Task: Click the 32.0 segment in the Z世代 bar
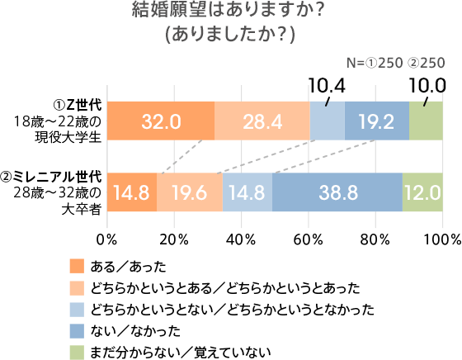tap(161, 121)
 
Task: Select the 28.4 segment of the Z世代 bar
tap(262, 121)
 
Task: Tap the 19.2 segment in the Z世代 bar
tap(377, 121)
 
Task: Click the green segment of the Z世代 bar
tap(426, 121)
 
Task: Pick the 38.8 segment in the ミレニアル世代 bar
tap(337, 193)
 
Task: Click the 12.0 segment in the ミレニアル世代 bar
tap(422, 193)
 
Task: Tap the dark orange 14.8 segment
tap(132, 193)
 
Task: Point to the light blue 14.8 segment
tap(247, 193)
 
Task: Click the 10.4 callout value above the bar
tap(327, 86)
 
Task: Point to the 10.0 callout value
tap(427, 86)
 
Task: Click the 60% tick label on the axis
tap(308, 239)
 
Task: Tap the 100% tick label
tap(441, 239)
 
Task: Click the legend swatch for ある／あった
tap(78, 265)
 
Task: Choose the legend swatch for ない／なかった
tap(78, 332)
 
